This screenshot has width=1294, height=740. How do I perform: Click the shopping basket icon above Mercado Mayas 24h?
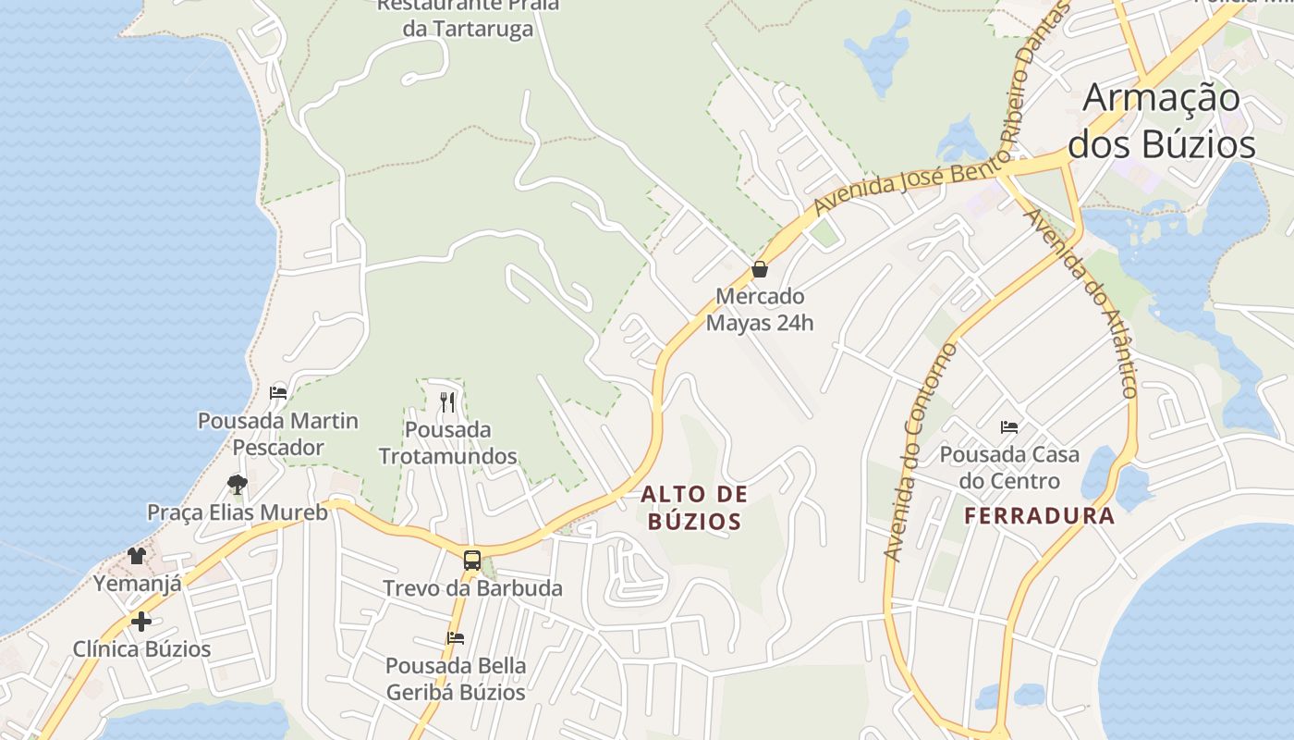coord(760,270)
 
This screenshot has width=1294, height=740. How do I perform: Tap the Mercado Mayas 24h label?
coord(760,310)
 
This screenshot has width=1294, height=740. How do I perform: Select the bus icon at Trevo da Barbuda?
coord(471,560)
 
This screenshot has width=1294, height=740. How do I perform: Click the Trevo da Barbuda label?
coord(472,588)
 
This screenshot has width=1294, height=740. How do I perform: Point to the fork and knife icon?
coord(447,401)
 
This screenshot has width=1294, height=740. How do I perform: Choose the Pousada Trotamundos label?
coord(447,443)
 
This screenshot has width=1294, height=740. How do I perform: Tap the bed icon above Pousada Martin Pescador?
coord(277,392)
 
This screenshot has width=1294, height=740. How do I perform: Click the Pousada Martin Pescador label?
coord(278,434)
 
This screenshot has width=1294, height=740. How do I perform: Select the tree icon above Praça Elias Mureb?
coord(238,484)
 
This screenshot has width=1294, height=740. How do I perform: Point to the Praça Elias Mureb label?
coord(238,512)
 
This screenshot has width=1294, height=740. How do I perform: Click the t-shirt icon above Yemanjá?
coord(137,555)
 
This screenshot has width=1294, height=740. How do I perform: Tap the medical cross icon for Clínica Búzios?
coord(141,622)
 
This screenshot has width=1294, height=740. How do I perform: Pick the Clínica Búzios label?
coord(142,649)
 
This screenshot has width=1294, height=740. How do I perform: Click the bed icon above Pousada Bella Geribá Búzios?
coord(456,637)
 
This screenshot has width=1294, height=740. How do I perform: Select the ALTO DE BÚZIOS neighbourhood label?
coord(694,508)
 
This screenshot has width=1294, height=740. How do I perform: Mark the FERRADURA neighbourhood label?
coord(1040,516)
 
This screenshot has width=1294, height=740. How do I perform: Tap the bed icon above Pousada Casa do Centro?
coord(1009,427)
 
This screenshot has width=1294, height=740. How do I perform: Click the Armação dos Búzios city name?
coord(1162,121)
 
